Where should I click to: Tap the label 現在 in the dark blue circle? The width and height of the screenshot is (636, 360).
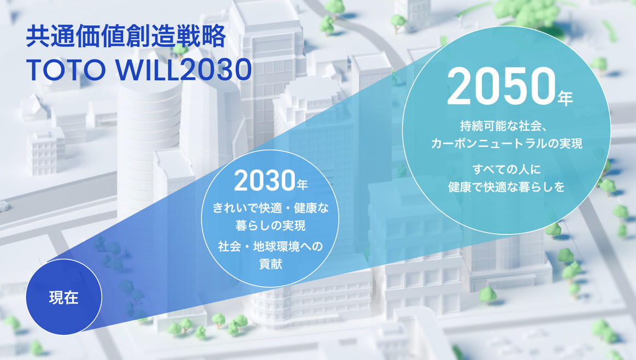click(63, 298)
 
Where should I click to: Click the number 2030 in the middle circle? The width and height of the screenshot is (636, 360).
click(264, 181)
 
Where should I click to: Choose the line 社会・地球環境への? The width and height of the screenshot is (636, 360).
click(270, 246)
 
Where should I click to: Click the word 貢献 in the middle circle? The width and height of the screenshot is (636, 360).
click(270, 263)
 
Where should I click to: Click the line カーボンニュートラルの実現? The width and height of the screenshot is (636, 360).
click(507, 144)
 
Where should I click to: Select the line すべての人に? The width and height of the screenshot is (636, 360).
click(507, 169)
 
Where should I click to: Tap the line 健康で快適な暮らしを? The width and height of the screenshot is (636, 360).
click(507, 186)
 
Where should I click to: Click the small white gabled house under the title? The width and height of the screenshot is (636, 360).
click(34, 107)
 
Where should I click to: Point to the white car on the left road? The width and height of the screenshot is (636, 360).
click(3, 206)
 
